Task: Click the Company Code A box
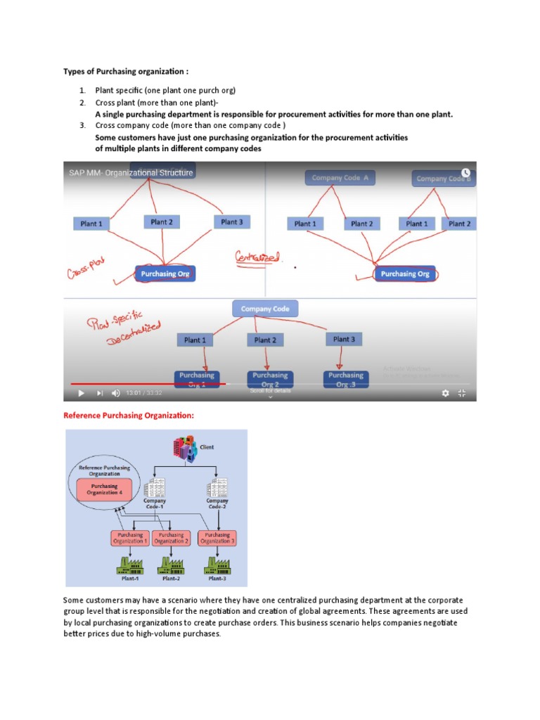(x=340, y=178)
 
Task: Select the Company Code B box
(x=444, y=179)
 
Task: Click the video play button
(x=80, y=393)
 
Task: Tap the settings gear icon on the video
(x=444, y=393)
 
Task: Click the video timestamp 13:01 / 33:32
(x=144, y=393)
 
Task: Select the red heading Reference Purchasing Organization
(x=129, y=416)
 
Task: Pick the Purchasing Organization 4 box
(x=105, y=489)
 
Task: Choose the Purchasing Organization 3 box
(x=217, y=539)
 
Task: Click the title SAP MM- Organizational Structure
(x=131, y=173)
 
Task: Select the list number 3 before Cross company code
(x=82, y=125)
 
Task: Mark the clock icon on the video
(x=465, y=172)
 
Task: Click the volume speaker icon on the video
(x=115, y=393)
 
